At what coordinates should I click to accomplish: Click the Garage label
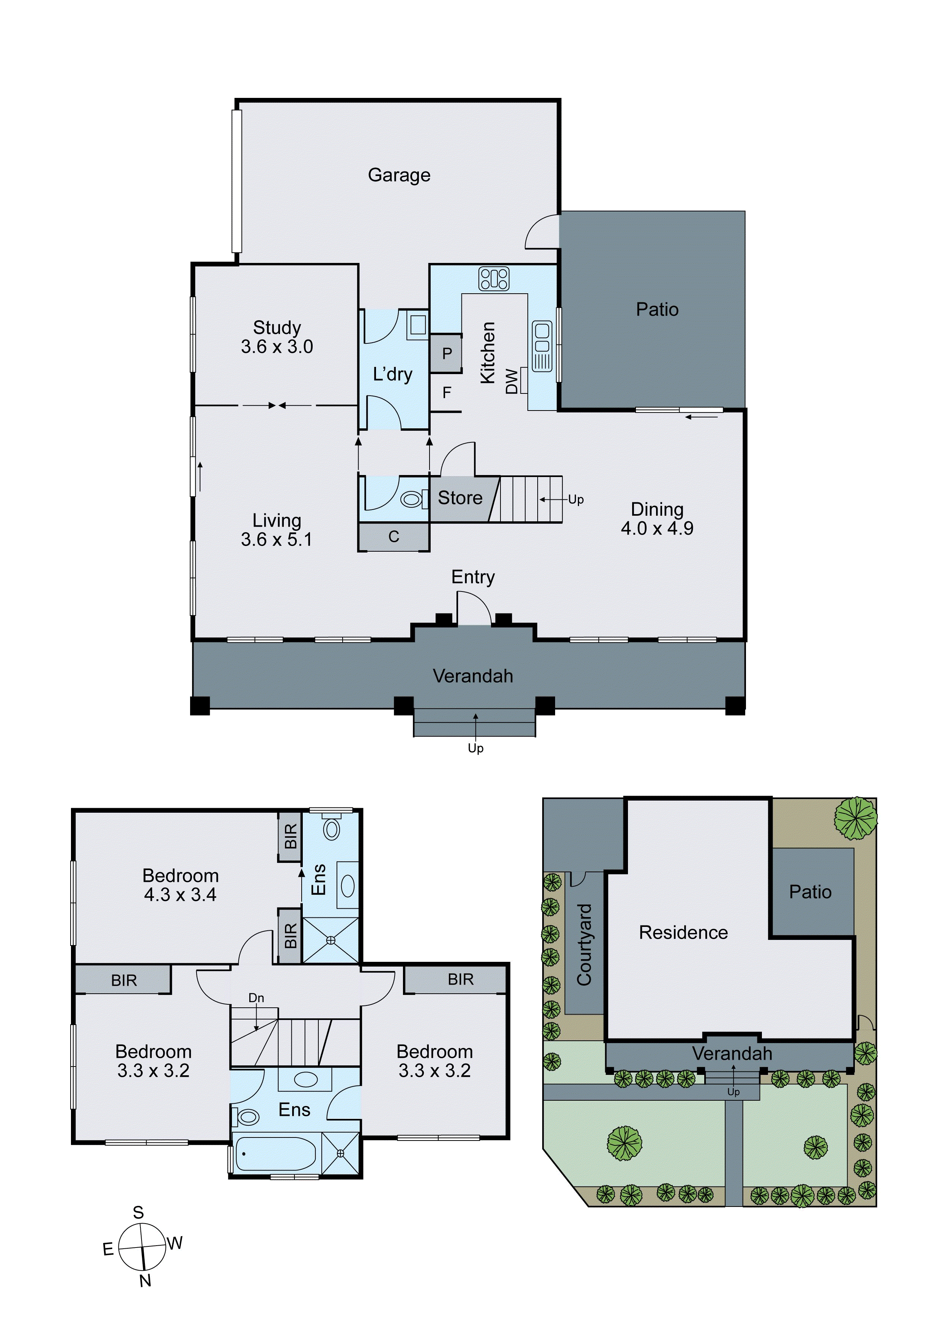click(x=399, y=175)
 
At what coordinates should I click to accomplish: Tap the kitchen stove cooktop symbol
click(x=493, y=278)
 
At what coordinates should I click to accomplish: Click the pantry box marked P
click(x=447, y=353)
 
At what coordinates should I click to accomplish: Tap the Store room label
click(x=460, y=498)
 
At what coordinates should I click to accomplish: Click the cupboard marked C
click(x=394, y=537)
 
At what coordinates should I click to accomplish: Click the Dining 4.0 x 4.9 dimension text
click(x=657, y=528)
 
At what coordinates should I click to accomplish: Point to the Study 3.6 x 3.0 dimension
click(x=277, y=347)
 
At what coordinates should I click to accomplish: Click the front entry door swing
click(x=474, y=607)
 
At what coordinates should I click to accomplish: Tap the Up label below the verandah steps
click(x=475, y=748)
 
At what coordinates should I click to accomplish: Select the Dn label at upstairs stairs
click(x=256, y=997)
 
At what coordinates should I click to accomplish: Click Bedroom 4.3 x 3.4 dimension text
click(x=180, y=895)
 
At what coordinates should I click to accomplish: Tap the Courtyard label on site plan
click(x=584, y=944)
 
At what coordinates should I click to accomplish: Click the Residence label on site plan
click(x=683, y=933)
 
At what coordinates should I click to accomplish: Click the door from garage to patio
click(x=543, y=232)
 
